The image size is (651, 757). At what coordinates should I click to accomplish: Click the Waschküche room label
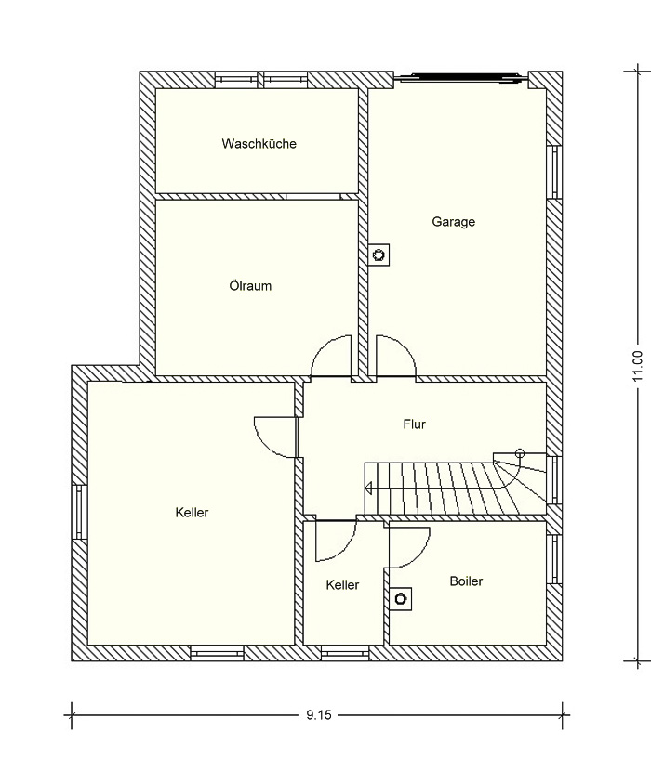[x=259, y=144]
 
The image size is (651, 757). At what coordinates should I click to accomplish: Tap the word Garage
[x=453, y=222]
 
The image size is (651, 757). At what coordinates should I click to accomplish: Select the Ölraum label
[x=250, y=285]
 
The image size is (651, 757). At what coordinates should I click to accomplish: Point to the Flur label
[x=414, y=424]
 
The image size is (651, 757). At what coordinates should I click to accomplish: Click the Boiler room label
[x=466, y=581]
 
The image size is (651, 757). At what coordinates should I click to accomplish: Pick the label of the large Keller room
[x=192, y=512]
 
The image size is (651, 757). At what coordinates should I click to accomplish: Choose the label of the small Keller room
[x=342, y=585]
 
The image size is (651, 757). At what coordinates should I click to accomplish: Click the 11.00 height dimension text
[x=638, y=366]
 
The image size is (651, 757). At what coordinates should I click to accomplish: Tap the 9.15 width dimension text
[x=319, y=715]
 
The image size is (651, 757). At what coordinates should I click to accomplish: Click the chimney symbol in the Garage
[x=379, y=254]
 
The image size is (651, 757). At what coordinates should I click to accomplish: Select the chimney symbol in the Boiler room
[x=401, y=599]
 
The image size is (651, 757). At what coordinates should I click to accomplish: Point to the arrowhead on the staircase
[x=368, y=489]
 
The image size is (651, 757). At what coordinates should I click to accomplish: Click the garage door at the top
[x=461, y=77]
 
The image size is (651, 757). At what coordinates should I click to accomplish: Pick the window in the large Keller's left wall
[x=79, y=512]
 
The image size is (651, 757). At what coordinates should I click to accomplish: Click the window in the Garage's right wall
[x=555, y=172]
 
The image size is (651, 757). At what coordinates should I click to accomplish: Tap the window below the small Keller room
[x=345, y=654]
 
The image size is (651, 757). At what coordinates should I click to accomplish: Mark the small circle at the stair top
[x=520, y=453]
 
